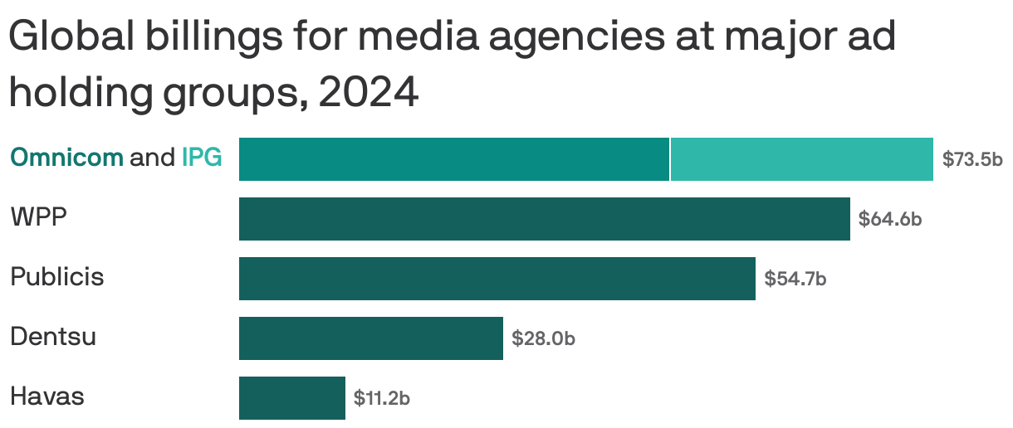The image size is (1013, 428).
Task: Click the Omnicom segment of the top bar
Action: pos(453,159)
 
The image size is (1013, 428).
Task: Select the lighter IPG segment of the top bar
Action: pos(801,159)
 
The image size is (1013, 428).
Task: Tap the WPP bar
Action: pos(544,219)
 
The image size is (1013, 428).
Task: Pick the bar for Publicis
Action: pos(497,279)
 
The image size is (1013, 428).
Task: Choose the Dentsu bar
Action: pos(370,338)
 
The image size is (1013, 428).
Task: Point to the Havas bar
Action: pos(291,398)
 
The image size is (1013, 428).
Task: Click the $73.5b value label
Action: pos(972,159)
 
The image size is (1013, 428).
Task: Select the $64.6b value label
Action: pos(890,219)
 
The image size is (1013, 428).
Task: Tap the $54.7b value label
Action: pos(795,279)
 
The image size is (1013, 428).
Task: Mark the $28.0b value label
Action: pos(543,338)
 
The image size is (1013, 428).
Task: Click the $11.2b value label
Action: pos(382,398)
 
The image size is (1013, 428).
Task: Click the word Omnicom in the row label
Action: pos(66,157)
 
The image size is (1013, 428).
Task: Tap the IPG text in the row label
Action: pos(202,157)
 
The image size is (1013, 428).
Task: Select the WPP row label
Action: pos(38,217)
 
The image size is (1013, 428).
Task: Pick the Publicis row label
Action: pos(56,276)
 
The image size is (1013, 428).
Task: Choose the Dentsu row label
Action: pos(53,337)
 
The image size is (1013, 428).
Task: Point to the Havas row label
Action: pos(47,396)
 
